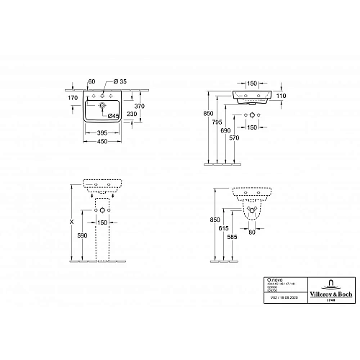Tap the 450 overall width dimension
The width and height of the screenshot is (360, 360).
pyautogui.click(x=105, y=142)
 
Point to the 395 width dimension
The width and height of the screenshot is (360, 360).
pyautogui.click(x=105, y=133)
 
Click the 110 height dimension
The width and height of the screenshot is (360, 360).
pyautogui.click(x=282, y=95)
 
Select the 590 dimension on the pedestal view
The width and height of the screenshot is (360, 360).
pyautogui.click(x=84, y=234)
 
